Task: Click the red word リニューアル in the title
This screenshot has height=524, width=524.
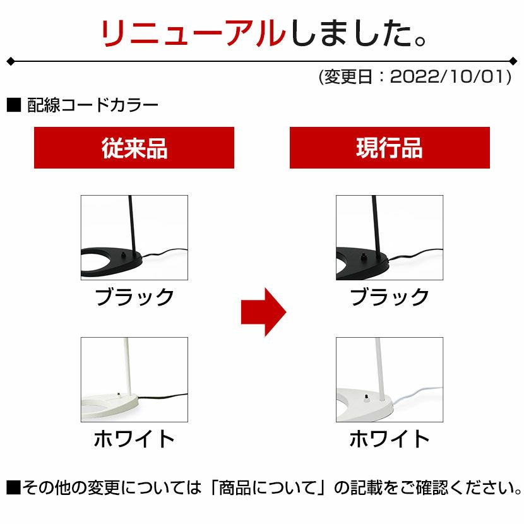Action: (x=193, y=33)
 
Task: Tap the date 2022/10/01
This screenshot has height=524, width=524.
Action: (x=451, y=77)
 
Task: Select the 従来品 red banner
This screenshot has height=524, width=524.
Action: (x=134, y=148)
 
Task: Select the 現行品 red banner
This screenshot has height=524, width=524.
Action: (x=390, y=148)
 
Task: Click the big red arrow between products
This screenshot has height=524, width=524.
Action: (x=263, y=312)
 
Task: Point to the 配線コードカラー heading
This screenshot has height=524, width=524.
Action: (x=93, y=105)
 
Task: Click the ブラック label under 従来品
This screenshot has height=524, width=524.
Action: (x=134, y=297)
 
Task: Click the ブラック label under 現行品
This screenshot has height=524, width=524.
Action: (x=390, y=297)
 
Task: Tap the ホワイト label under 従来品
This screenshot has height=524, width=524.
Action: (x=134, y=438)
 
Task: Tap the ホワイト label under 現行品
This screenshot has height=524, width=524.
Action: (x=390, y=438)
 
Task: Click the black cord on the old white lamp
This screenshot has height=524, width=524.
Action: (x=163, y=396)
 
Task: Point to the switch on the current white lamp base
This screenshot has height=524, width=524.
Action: (x=366, y=398)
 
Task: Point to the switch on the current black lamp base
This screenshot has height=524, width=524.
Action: (x=363, y=256)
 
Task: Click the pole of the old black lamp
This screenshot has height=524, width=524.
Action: (x=133, y=226)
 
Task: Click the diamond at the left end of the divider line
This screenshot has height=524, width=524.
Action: (x=11, y=61)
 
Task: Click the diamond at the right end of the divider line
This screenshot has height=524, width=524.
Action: (x=513, y=61)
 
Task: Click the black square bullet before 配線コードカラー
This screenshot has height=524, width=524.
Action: (x=14, y=105)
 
